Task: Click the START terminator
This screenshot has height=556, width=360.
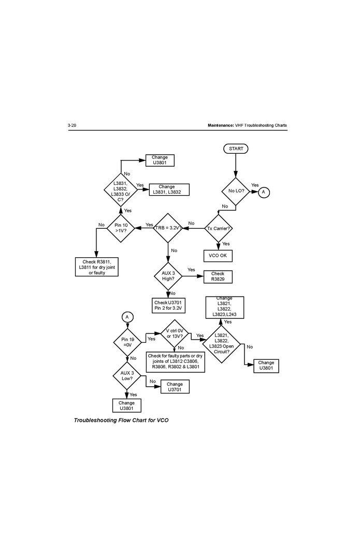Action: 236,149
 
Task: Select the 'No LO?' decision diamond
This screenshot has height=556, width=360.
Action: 236,191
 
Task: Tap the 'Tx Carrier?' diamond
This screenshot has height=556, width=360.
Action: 218,228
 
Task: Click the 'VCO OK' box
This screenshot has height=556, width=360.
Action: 218,256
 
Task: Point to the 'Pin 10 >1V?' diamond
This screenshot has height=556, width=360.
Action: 121,228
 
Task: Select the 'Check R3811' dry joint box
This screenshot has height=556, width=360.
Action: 97,267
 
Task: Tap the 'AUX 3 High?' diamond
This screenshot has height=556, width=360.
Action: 169,276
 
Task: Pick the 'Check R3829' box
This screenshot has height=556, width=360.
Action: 218,276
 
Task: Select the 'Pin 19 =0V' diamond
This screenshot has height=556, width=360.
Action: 127,342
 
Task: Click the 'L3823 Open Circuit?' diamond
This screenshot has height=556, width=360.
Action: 225,344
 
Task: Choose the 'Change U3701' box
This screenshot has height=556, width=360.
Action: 175,387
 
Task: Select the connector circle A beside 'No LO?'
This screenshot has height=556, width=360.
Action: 263,192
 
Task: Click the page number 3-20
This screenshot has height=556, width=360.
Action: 72,126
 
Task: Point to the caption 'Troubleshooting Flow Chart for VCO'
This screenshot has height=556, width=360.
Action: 121,420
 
